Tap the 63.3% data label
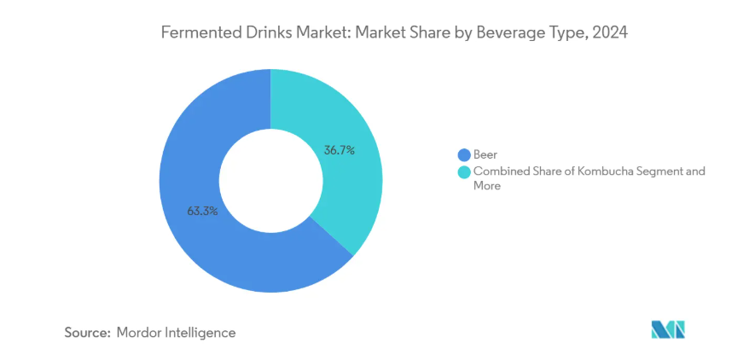(201, 210)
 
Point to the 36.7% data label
(339, 150)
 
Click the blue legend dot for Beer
(464, 154)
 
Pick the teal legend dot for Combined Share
(464, 171)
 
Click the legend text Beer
(485, 154)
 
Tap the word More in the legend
(487, 185)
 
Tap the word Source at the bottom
(86, 332)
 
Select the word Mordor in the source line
(140, 332)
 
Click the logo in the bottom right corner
(667, 330)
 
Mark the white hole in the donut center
(270, 181)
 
